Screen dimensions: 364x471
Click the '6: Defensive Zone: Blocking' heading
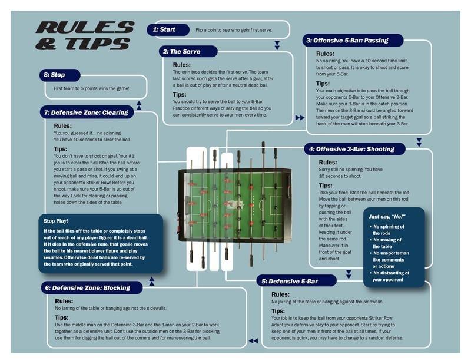(x=91, y=287)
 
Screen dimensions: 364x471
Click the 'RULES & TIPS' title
(x=84, y=35)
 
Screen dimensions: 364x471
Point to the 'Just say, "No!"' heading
(x=387, y=216)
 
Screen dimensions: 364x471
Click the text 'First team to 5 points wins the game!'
(x=91, y=89)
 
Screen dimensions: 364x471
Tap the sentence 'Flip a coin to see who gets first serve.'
(x=234, y=29)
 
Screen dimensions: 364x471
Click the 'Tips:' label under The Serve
(x=180, y=94)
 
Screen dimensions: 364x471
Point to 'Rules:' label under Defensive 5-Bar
(x=280, y=294)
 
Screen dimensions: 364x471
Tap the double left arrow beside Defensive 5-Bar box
(x=253, y=340)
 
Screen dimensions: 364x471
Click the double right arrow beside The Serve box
(x=300, y=118)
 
